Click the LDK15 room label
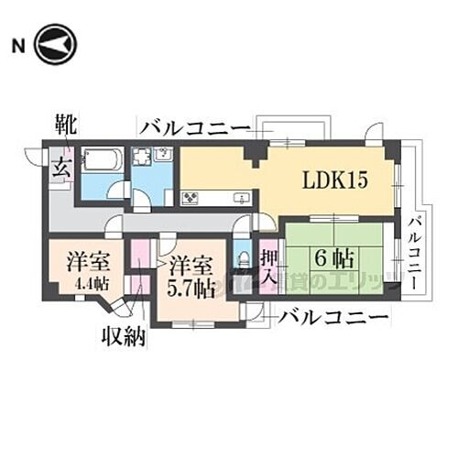pyautogui.click(x=335, y=180)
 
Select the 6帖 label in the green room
pyautogui.click(x=334, y=257)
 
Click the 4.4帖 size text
pyautogui.click(x=91, y=284)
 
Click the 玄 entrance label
pyautogui.click(x=61, y=167)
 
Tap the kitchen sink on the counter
pyautogui.click(x=242, y=198)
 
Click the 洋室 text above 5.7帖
pyautogui.click(x=192, y=267)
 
